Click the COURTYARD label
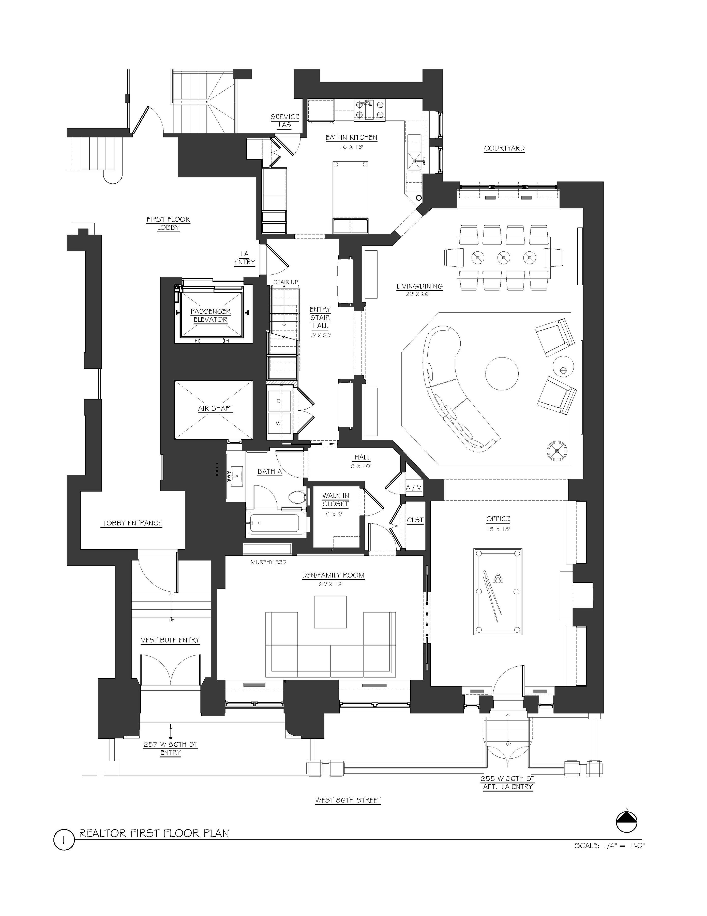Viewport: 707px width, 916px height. (504, 148)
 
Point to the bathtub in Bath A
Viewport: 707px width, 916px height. (277, 523)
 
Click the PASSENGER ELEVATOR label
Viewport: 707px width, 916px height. (210, 315)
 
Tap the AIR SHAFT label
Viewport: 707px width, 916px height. (215, 408)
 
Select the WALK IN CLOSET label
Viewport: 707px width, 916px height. (335, 499)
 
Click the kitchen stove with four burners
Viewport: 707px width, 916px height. (370, 109)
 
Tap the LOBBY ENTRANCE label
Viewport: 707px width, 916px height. (132, 523)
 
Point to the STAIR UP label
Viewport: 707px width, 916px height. (285, 282)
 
